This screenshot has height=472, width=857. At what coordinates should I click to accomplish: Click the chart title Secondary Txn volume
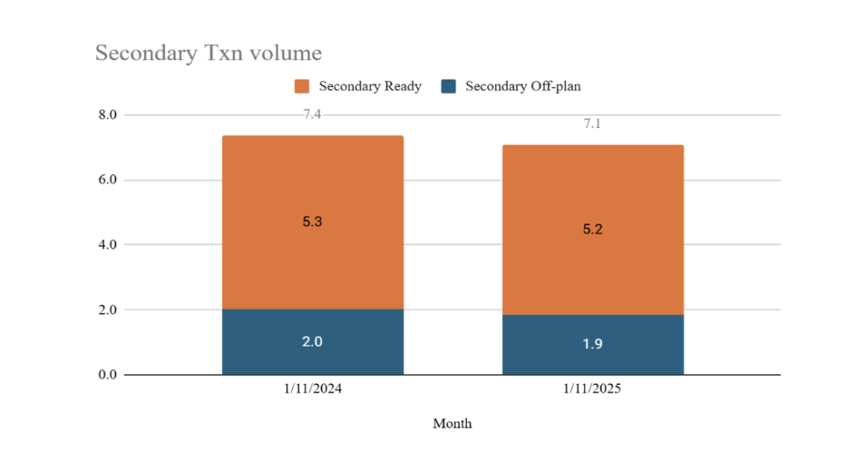(x=208, y=53)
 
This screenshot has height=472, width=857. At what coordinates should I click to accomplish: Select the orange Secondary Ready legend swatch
(x=302, y=86)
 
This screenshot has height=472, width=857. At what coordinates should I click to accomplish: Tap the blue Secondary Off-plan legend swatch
(x=449, y=86)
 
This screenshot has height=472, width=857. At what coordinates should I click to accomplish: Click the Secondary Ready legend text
(x=370, y=86)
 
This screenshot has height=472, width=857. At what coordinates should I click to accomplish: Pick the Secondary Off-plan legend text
(x=522, y=86)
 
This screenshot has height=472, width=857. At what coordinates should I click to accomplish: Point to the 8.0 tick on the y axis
(x=108, y=115)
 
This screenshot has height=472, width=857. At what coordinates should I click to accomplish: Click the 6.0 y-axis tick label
(x=108, y=180)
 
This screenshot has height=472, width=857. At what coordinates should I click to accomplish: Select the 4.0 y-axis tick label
(x=108, y=244)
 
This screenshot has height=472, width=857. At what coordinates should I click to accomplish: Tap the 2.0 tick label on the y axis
(x=108, y=310)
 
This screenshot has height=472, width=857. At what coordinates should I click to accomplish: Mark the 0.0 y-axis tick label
(x=108, y=375)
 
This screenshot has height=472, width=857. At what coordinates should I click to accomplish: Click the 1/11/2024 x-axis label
(x=312, y=390)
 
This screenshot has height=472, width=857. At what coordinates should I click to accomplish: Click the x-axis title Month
(x=452, y=423)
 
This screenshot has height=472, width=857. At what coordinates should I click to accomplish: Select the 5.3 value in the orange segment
(x=312, y=223)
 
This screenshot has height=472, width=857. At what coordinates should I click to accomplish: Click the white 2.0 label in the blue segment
(x=312, y=342)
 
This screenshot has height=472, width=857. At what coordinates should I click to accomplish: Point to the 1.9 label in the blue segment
(x=593, y=345)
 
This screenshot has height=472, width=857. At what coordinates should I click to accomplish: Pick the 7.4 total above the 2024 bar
(x=312, y=115)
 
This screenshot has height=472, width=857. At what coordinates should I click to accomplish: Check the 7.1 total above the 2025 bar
(x=593, y=124)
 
